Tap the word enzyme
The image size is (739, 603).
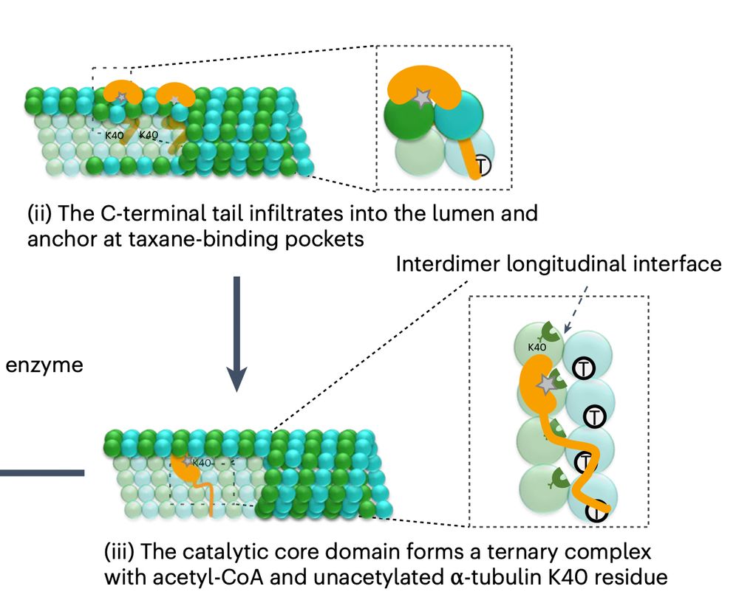[x=44, y=365]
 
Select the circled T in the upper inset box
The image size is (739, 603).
[x=480, y=165]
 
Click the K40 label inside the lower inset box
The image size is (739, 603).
[x=537, y=347]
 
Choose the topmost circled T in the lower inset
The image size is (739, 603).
[x=584, y=369]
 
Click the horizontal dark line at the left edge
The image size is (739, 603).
[x=41, y=472]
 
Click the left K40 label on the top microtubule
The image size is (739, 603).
[x=114, y=135]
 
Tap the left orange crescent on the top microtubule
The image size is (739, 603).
[x=119, y=92]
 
